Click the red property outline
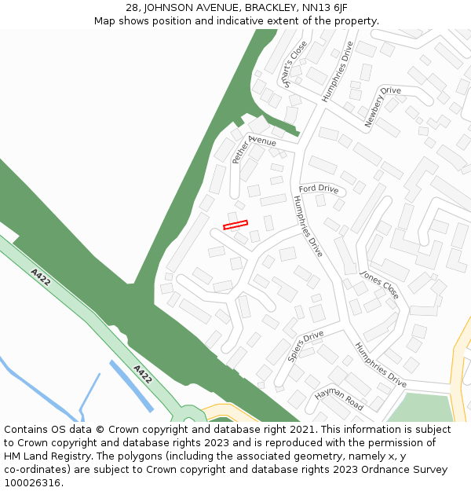(x=235, y=225)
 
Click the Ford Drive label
(x=319, y=189)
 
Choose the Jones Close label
(x=379, y=284)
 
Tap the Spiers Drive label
(x=305, y=346)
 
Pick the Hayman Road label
(x=339, y=399)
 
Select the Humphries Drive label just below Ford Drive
(x=308, y=226)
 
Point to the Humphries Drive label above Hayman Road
(x=380, y=365)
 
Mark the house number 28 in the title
(x=132, y=8)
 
